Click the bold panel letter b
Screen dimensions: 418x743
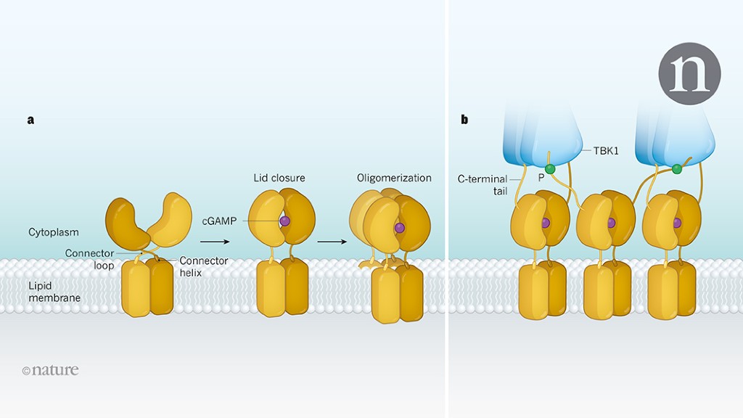pyautogui.click(x=464, y=120)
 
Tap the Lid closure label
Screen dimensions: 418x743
pyautogui.click(x=279, y=178)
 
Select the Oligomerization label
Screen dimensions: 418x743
pyautogui.click(x=394, y=178)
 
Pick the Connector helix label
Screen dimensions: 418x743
pyautogui.click(x=204, y=266)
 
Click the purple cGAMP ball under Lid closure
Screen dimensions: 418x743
pyautogui.click(x=284, y=221)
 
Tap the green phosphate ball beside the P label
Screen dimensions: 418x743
pyautogui.click(x=550, y=168)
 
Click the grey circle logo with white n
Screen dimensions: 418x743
pyautogui.click(x=689, y=73)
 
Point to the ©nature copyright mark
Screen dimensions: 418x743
pyautogui.click(x=50, y=370)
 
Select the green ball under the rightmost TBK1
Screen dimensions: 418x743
pyautogui.click(x=676, y=169)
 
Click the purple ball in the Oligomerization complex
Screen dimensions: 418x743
pyautogui.click(x=400, y=228)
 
